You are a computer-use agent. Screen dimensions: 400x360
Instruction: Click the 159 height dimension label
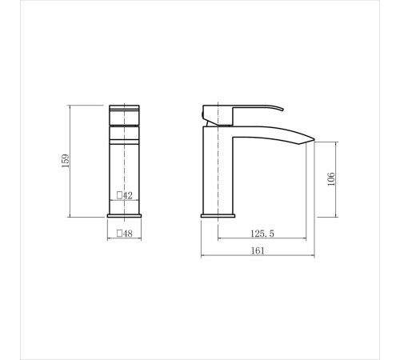coord(66,161)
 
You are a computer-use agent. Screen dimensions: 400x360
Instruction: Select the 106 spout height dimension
coord(331,179)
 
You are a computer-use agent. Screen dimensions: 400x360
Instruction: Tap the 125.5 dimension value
coord(262,234)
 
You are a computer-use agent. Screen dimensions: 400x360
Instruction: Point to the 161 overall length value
coord(258,251)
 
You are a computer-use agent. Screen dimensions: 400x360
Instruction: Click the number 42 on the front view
coord(127,195)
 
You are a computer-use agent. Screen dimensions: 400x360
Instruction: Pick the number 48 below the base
coord(128,234)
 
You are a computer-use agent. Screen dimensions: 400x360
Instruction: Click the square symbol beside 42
coord(119,195)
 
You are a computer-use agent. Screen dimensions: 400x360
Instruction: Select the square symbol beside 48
coord(119,234)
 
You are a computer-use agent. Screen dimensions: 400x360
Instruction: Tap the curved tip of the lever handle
coord(282,109)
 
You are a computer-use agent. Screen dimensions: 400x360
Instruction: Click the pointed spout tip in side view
coord(314,139)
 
